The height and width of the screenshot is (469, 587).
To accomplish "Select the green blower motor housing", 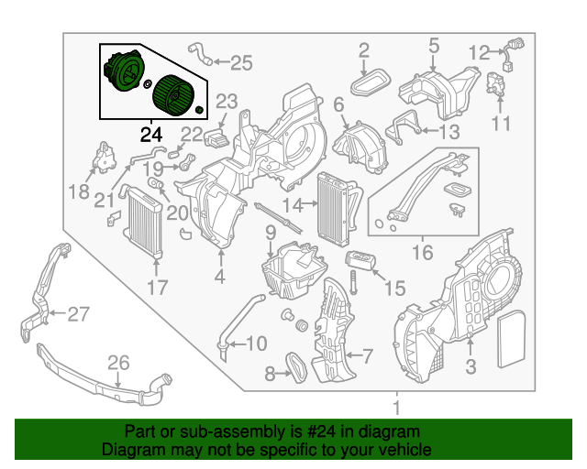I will (121, 71).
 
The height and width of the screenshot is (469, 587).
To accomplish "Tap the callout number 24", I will (150, 135).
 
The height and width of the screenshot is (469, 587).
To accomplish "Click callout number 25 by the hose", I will (240, 62).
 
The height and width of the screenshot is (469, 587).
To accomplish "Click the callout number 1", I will (396, 407).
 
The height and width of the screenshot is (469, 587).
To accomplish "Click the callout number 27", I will (78, 314).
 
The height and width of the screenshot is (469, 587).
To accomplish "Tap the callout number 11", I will (500, 124).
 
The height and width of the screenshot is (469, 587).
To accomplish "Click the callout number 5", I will (434, 44).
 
